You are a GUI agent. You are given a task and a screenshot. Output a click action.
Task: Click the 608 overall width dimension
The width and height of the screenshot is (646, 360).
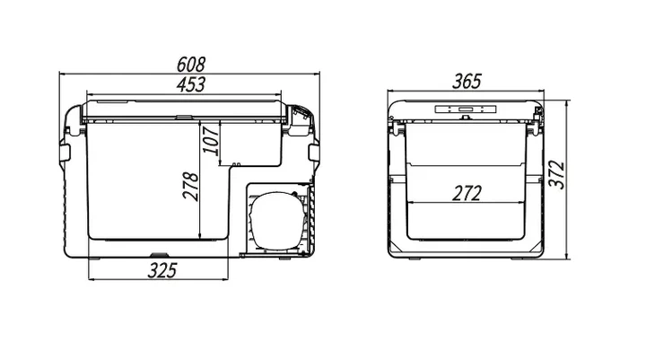(x=191, y=65)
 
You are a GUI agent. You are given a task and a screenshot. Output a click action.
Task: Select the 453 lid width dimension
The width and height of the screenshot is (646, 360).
(x=191, y=84)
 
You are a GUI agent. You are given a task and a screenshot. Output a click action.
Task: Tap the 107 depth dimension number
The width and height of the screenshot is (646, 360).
(x=211, y=141)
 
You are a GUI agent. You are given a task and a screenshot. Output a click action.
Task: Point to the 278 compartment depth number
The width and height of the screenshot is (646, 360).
(x=191, y=187)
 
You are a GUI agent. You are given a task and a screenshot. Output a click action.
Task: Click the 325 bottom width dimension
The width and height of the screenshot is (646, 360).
(x=161, y=270)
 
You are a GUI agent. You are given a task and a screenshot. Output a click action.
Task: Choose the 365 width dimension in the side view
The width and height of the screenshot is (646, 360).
(x=467, y=81)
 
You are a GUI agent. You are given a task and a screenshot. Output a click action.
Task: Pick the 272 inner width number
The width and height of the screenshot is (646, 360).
(x=467, y=193)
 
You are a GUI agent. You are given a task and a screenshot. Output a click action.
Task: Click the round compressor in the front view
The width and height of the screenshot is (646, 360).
(x=276, y=219)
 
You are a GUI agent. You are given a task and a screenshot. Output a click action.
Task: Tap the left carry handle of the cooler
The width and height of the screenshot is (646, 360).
(x=65, y=153)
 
